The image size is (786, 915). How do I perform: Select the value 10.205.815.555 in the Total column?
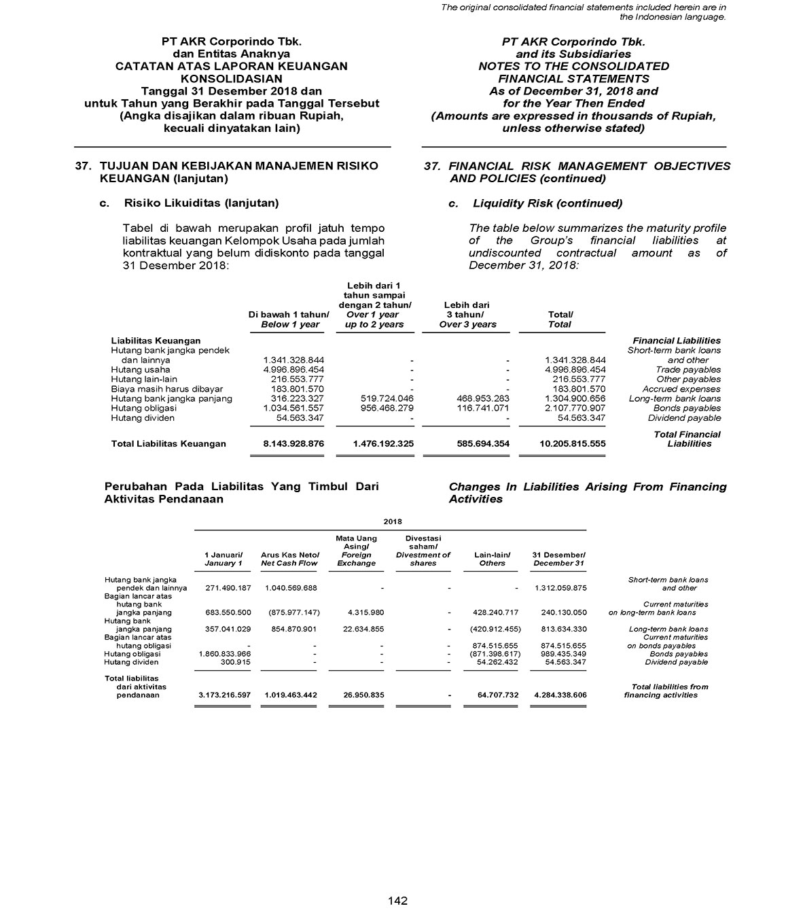[x=572, y=444]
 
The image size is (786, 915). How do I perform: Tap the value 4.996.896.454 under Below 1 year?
[x=293, y=370]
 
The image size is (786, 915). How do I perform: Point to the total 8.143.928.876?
[x=293, y=444]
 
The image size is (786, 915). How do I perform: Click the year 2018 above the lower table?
[x=393, y=521]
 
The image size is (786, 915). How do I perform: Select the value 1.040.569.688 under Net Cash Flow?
[x=289, y=587]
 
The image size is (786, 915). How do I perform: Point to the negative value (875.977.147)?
[x=290, y=612]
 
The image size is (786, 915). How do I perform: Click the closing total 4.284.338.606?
[x=560, y=695]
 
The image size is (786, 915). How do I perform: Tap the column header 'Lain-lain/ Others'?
[x=493, y=559]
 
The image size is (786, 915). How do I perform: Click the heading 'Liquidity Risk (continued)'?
[x=547, y=203]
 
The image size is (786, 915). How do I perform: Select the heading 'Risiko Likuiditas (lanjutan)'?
[x=201, y=203]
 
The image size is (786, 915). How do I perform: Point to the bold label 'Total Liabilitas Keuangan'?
[x=168, y=444]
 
